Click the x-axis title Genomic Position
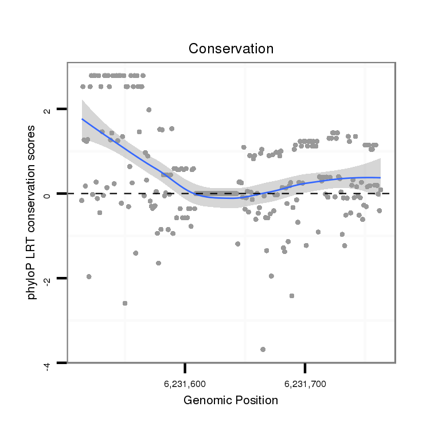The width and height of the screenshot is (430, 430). pyautogui.click(x=230, y=400)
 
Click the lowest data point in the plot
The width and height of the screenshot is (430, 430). pyautogui.click(x=263, y=349)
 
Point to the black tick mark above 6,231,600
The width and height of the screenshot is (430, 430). pyautogui.click(x=185, y=368)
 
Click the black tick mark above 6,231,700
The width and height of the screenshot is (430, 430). pyautogui.click(x=305, y=368)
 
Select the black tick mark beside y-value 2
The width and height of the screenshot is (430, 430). pyautogui.click(x=61, y=108)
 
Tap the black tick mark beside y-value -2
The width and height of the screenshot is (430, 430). pyautogui.click(x=61, y=278)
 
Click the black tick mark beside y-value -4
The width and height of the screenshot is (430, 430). pyautogui.click(x=61, y=363)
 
